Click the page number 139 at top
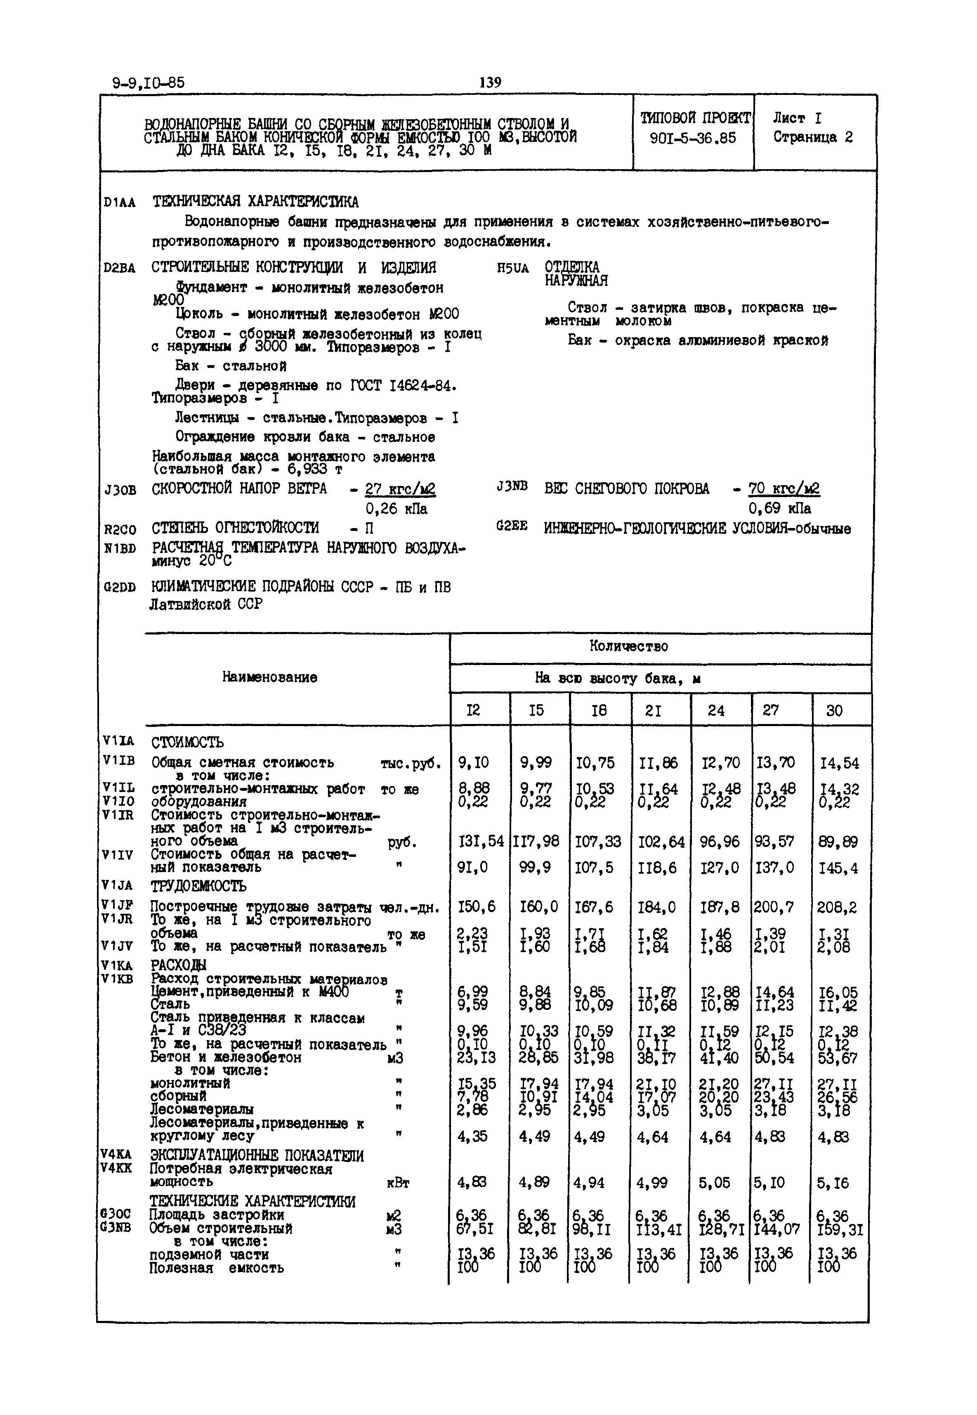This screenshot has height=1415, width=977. [x=490, y=82]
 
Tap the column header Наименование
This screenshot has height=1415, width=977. [x=269, y=677]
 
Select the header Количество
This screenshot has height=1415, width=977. [x=629, y=646]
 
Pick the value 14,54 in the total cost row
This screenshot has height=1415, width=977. [x=839, y=763]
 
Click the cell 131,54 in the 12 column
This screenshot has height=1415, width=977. [x=481, y=842]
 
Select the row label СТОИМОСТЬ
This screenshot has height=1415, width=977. [x=187, y=743]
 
